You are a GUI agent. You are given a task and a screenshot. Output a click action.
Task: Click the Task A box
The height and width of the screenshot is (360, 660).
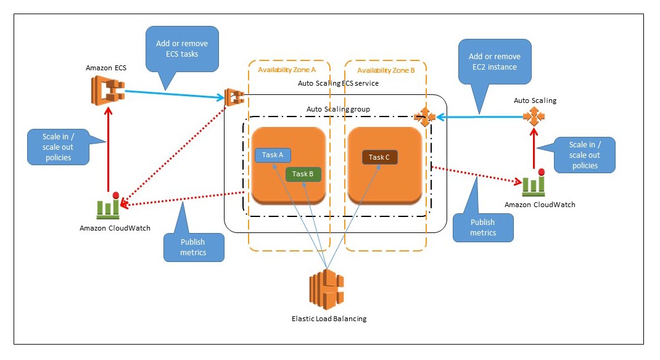point(273,155)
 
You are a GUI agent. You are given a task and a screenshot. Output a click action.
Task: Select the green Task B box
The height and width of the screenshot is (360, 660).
point(303,174)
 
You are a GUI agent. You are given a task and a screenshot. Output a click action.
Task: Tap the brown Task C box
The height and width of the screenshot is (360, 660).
point(379,157)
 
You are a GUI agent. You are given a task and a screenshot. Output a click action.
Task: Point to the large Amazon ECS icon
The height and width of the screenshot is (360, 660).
point(106,92)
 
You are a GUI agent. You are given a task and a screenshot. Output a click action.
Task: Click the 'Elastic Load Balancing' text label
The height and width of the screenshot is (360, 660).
point(329,319)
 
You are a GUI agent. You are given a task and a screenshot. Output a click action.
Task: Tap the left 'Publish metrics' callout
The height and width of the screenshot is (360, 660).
point(193,247)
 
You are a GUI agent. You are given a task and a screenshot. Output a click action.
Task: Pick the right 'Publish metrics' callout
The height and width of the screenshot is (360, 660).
point(482,227)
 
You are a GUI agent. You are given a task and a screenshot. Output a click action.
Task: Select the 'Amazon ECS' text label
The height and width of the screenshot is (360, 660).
point(106,68)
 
